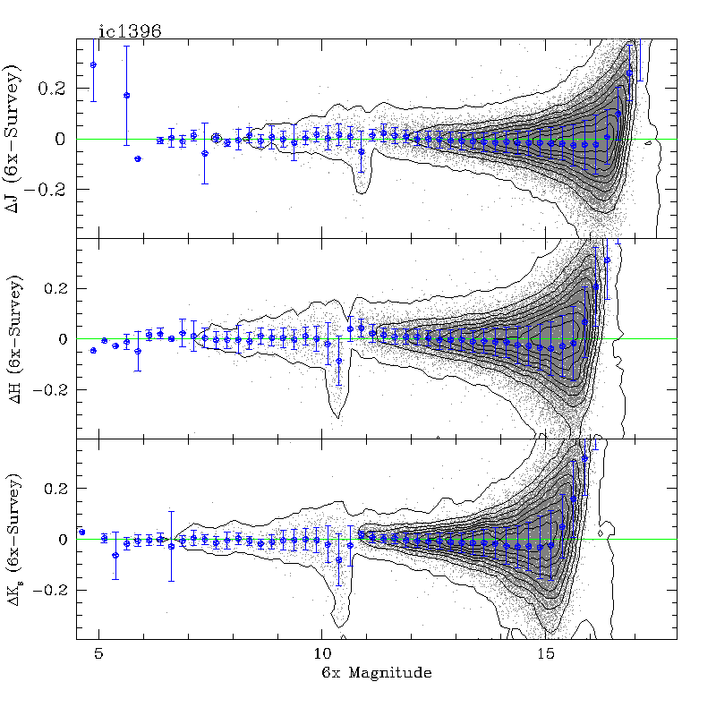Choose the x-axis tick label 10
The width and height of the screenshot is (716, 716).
[x=321, y=654]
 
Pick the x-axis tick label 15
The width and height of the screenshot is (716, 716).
[x=544, y=654]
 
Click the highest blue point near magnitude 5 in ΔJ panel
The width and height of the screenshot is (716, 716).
[x=93, y=64]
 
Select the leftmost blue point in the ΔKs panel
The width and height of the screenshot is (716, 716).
[x=81, y=532]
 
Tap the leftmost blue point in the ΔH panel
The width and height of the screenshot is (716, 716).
[x=93, y=350]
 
